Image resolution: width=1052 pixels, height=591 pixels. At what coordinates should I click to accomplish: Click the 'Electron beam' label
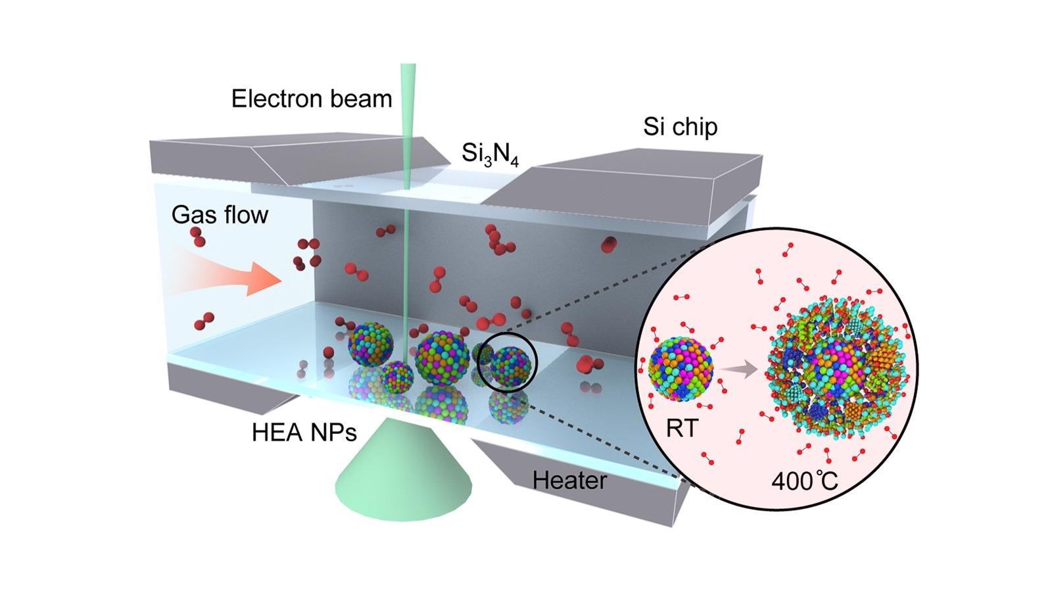312,99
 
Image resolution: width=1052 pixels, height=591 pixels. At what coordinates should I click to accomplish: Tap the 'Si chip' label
680,127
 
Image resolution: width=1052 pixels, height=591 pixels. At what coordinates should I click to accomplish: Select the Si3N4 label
490,153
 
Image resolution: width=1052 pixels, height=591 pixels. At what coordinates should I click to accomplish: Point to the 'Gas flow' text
220,214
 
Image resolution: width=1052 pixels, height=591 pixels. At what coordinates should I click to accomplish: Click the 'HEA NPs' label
304,433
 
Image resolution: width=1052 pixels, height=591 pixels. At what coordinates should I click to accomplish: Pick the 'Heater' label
569,480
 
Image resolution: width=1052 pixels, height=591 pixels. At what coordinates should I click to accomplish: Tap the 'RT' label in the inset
682,428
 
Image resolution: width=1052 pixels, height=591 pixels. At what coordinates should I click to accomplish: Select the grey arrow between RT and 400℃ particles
740,369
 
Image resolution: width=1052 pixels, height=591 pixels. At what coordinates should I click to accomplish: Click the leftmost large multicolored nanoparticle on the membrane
371,344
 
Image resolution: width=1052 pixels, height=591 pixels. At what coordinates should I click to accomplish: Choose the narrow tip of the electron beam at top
408,65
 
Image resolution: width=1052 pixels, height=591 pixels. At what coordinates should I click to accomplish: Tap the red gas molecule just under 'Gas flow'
198,237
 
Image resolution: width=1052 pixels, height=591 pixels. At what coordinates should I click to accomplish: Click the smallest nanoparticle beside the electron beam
397,377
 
